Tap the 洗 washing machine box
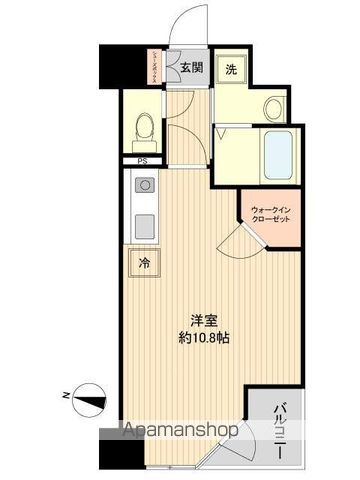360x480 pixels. pyautogui.click(x=230, y=69)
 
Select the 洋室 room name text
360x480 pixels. pyautogui.click(x=206, y=321)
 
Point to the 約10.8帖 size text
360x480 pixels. pyautogui.click(x=205, y=338)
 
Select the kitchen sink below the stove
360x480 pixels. pyautogui.click(x=143, y=223)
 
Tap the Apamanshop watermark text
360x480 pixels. pyautogui.click(x=179, y=432)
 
